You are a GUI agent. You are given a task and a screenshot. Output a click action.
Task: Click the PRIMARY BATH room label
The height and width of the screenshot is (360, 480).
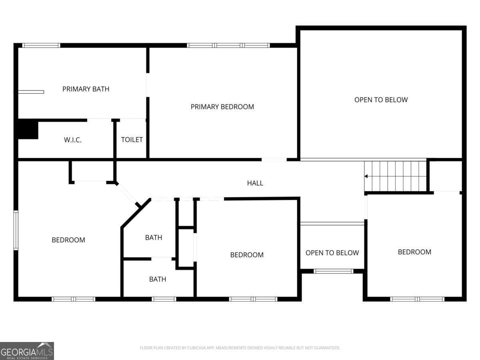point(86,89)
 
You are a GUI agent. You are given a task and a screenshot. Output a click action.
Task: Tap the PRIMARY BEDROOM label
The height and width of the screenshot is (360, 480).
point(222,107)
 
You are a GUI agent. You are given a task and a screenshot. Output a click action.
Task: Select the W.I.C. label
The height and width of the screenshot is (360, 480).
point(73,140)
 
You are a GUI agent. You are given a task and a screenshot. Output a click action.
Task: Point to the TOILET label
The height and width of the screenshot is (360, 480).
point(132,140)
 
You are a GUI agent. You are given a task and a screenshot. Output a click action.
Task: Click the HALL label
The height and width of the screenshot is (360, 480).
point(255,183)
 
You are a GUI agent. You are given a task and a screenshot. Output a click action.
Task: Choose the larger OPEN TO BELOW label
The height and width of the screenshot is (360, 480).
point(381,100)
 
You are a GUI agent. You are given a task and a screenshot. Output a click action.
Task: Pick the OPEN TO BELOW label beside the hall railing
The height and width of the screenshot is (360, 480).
point(332,253)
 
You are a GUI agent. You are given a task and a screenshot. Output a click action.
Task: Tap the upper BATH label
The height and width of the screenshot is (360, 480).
point(154,237)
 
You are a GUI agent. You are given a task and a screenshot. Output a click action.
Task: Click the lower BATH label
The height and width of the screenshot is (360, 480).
point(158,279)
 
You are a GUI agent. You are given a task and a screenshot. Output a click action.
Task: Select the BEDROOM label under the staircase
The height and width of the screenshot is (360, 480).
point(414,252)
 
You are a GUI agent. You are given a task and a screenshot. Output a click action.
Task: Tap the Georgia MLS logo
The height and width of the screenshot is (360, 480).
point(27,351)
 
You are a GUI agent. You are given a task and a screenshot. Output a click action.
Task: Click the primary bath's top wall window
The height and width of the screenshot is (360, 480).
point(41,46)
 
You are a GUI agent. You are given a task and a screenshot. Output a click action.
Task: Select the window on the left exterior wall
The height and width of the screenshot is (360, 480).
point(16,230)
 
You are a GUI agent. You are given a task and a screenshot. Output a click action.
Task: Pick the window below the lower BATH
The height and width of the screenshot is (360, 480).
point(164,299)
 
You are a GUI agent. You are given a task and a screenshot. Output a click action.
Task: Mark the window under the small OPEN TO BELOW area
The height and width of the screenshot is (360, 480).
point(333,271)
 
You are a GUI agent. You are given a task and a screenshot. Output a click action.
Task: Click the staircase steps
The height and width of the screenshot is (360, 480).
point(395,176)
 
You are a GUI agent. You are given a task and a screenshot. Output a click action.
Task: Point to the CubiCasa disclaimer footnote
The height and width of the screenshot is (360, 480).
point(240,348)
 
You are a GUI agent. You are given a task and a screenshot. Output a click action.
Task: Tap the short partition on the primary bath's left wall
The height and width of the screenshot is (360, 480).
point(31,92)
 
